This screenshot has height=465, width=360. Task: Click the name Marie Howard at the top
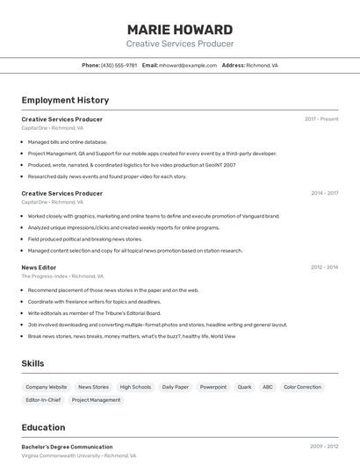click(180, 29)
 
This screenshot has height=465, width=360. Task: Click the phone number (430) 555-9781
click(119, 65)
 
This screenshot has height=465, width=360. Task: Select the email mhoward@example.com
click(188, 65)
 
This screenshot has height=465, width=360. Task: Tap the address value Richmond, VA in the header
click(262, 65)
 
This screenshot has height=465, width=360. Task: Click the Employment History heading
click(65, 100)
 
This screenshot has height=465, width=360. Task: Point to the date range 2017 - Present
click(321, 119)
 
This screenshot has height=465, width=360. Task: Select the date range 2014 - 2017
click(324, 193)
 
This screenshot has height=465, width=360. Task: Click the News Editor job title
click(39, 267)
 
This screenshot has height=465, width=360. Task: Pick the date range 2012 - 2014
click(324, 267)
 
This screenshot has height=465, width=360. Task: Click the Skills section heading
click(33, 363)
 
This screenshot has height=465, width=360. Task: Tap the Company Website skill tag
click(46, 387)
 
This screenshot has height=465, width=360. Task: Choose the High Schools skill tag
click(135, 387)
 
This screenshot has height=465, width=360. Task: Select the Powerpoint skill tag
click(212, 387)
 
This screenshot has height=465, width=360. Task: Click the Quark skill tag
click(244, 387)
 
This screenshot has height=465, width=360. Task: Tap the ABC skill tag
click(267, 387)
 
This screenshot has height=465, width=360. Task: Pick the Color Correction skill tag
click(302, 387)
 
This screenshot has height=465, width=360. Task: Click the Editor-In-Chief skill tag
click(43, 400)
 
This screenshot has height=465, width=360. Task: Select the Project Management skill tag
click(96, 400)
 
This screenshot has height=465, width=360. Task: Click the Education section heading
click(43, 427)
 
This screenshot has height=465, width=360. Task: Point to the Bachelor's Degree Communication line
click(67, 447)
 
